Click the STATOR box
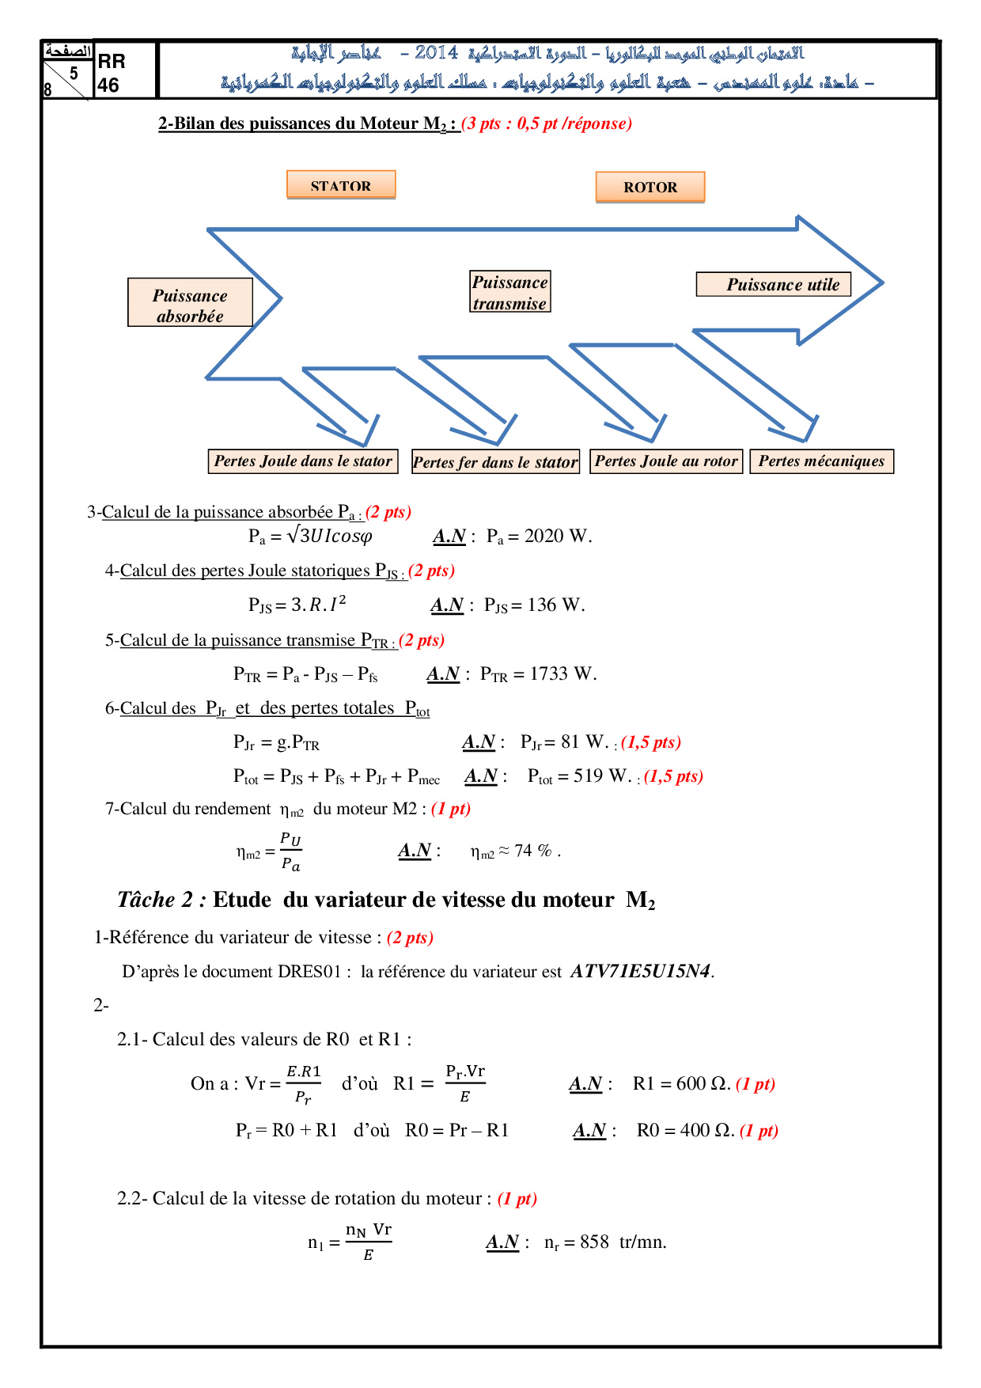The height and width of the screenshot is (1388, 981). click(x=341, y=184)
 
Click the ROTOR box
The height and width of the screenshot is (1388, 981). click(x=650, y=187)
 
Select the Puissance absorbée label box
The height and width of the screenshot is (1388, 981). click(x=190, y=302)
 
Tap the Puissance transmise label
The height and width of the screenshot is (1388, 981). click(x=510, y=292)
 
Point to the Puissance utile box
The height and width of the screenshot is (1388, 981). click(x=774, y=284)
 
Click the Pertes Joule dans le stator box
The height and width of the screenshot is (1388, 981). click(x=303, y=461)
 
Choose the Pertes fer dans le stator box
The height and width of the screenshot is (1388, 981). click(x=496, y=462)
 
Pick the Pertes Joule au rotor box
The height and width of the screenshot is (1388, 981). click(x=666, y=461)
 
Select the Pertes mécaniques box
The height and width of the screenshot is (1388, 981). click(x=822, y=461)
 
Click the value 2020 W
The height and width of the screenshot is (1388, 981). click(x=557, y=537)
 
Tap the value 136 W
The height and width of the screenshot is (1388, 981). click(x=555, y=605)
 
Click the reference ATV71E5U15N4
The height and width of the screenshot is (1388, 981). click(x=640, y=971)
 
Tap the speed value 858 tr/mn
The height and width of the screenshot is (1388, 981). click(x=623, y=1242)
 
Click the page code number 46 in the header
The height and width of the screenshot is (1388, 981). click(x=108, y=85)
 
